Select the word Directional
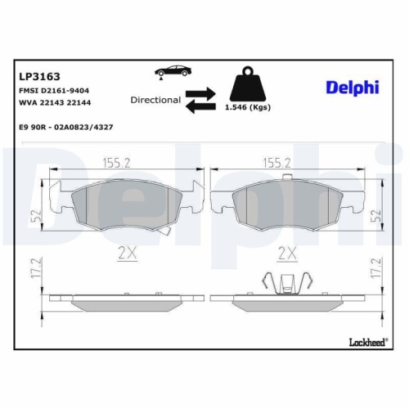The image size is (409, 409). (155, 100)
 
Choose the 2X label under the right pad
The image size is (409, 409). (286, 253)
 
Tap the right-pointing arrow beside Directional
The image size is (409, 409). (202, 93)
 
